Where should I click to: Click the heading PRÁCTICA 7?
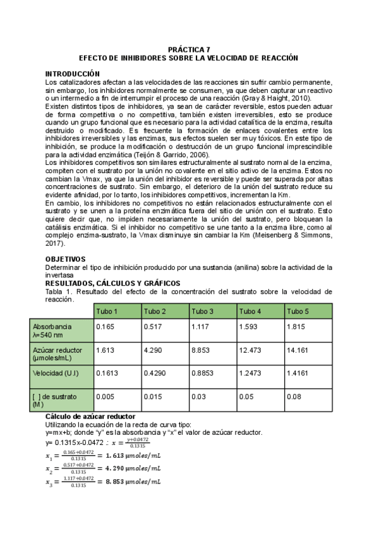pos(189,49)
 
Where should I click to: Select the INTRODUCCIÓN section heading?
pos(73,74)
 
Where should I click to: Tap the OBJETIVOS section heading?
pos(66,259)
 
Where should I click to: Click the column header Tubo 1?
pos(106,312)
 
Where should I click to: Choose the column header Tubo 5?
pos(298,312)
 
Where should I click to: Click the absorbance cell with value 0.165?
pos(104,327)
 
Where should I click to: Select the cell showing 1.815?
pos(296,327)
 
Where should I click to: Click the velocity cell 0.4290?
pos(155,373)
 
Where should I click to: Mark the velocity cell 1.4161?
pos(298,373)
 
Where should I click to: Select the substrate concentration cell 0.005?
pos(105,396)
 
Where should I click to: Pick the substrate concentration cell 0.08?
pos(294,396)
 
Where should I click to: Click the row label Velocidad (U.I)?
pos(55,373)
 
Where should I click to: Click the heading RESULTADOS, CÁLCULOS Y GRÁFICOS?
pos(113,283)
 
